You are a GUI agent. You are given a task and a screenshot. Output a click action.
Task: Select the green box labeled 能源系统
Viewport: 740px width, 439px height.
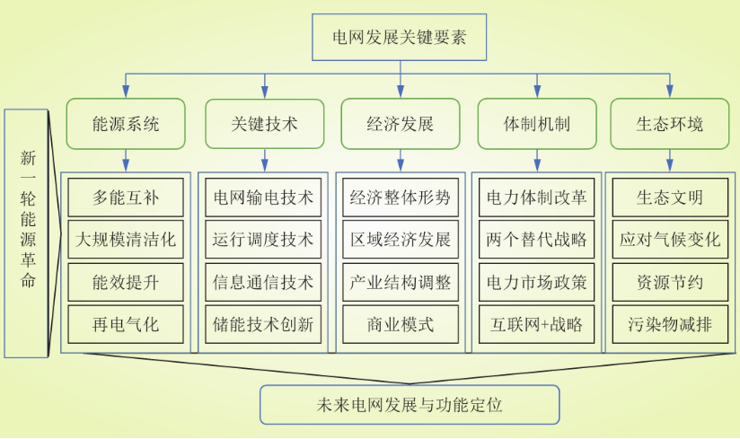(126, 124)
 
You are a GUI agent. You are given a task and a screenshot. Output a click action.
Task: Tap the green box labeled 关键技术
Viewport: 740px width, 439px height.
(264, 124)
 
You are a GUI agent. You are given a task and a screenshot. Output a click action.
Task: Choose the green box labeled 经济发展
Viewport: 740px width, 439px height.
(400, 124)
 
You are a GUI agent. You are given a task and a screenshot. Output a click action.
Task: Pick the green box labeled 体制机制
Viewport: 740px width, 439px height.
(537, 124)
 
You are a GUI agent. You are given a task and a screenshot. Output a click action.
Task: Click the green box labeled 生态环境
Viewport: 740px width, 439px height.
(669, 124)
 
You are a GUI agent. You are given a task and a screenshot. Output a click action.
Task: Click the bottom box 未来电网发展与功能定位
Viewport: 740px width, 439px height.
(410, 405)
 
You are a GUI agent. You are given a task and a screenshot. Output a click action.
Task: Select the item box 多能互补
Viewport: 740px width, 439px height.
(126, 197)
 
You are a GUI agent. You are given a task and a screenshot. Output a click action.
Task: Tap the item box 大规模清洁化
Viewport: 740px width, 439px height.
(126, 240)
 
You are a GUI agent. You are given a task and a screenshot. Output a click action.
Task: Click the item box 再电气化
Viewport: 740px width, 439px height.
(126, 324)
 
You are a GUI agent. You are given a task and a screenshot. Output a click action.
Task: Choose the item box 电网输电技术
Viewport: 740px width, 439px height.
(264, 197)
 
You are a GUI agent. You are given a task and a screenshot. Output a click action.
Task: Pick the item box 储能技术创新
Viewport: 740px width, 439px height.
(264, 324)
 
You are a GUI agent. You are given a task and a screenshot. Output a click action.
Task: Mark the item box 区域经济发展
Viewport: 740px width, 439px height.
(400, 240)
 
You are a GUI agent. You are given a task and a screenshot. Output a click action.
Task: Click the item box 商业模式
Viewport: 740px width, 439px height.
(400, 324)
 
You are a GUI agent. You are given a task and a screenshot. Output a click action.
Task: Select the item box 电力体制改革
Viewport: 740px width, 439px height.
(537, 197)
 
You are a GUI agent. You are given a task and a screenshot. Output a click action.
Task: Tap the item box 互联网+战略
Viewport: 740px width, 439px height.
(537, 324)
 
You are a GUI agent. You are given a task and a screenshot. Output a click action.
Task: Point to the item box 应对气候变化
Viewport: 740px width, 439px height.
(670, 240)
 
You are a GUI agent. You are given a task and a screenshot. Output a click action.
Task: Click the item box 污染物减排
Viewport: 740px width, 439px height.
(670, 324)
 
